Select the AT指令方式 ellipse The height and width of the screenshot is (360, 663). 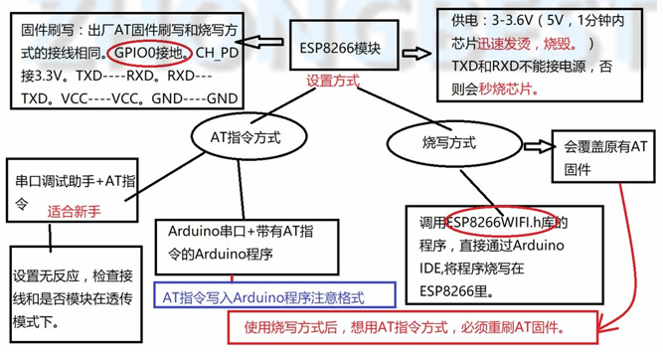point(246,136)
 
